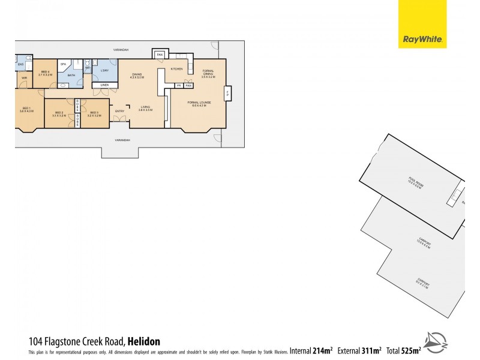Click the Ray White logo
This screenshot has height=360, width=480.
tap(422, 24)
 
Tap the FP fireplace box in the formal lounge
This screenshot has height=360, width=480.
tap(226, 94)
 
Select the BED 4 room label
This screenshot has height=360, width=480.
tap(46, 74)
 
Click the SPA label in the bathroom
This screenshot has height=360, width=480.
tap(62, 63)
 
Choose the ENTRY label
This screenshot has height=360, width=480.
tap(119, 110)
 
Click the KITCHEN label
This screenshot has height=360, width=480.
tap(176, 69)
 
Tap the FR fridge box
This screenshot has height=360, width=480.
tap(178, 86)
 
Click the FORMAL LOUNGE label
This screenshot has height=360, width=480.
tap(199, 103)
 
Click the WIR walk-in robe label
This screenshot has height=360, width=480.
tap(25, 78)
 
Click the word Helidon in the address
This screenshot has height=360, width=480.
tap(144, 341)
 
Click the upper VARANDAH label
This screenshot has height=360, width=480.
tap(123, 49)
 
